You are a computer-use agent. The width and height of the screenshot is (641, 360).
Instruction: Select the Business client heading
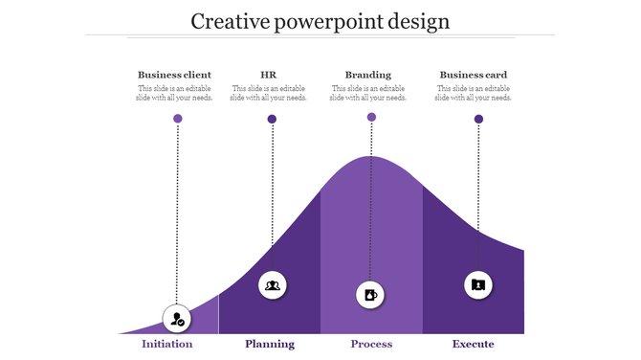point(174,75)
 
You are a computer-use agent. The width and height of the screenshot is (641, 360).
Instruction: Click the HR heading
point(269,75)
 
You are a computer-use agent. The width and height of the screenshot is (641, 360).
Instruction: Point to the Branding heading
point(368,75)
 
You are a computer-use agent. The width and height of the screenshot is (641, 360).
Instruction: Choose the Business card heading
point(474,75)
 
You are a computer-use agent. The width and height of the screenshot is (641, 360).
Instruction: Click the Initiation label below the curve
point(167,344)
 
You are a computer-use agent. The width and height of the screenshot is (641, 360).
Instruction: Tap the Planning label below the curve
point(270,344)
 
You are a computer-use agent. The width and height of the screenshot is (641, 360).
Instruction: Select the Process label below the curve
point(371,344)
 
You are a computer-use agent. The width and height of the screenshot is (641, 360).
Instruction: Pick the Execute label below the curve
point(474,344)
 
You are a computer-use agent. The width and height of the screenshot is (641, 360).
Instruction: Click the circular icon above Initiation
point(177,318)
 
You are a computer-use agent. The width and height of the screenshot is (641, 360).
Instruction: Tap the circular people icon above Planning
point(273,284)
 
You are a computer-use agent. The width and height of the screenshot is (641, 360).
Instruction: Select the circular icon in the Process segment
point(371,294)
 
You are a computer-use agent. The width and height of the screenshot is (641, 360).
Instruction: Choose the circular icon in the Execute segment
point(478,284)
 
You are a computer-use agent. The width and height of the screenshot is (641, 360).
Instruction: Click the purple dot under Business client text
point(177,119)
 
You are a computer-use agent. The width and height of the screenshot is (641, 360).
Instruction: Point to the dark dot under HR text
point(273,119)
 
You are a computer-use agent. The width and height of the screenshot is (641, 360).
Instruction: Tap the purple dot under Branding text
point(371,117)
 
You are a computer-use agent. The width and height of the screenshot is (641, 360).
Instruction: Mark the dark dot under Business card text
point(478,119)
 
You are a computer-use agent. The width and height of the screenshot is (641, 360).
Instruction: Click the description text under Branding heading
point(368,93)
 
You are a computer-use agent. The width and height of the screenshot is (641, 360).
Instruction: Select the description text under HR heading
point(269,93)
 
